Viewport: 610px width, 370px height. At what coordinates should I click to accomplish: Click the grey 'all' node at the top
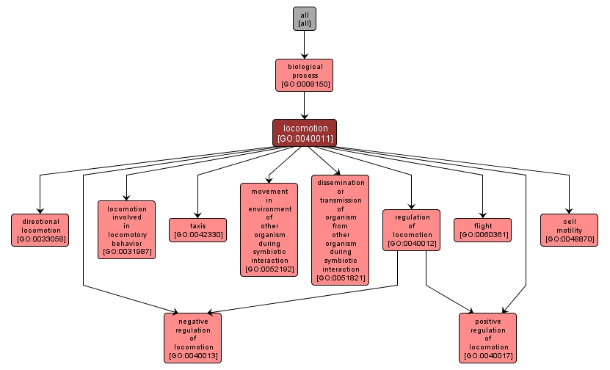pos(304,19)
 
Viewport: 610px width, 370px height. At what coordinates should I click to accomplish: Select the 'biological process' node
pos(304,75)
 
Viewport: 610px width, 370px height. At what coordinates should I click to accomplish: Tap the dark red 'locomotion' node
pos(305,133)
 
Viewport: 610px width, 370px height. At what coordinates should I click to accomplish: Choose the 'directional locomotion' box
pos(40,230)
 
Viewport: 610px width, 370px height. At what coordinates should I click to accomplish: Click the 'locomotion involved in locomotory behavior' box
pos(126,230)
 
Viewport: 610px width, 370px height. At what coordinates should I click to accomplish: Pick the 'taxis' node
pos(197,231)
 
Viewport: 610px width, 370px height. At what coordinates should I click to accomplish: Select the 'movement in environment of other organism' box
pos(269,230)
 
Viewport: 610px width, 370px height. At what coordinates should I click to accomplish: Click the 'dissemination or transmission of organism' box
pos(340,229)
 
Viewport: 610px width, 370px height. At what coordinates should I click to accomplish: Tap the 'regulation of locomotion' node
pos(412,230)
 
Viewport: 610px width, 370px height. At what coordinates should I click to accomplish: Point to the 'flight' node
pos(483,231)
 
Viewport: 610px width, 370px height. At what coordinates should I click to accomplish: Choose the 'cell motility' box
pos(569,230)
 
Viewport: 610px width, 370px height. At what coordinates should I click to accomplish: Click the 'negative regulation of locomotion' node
pos(193,338)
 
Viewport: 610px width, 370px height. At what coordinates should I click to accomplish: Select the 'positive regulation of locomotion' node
pos(487,338)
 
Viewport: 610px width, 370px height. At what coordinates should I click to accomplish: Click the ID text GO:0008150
pos(304,84)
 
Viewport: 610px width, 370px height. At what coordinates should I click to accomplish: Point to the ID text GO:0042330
pos(197,236)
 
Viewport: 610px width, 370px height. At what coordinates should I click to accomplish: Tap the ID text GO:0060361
pos(483,236)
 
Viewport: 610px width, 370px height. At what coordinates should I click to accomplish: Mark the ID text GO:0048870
pos(569,239)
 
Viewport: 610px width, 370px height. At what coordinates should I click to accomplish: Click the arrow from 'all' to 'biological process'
pos(304,45)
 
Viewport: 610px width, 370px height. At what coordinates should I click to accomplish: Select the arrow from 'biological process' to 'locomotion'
pos(304,105)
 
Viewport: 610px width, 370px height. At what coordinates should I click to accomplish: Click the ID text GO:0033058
pos(40,239)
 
